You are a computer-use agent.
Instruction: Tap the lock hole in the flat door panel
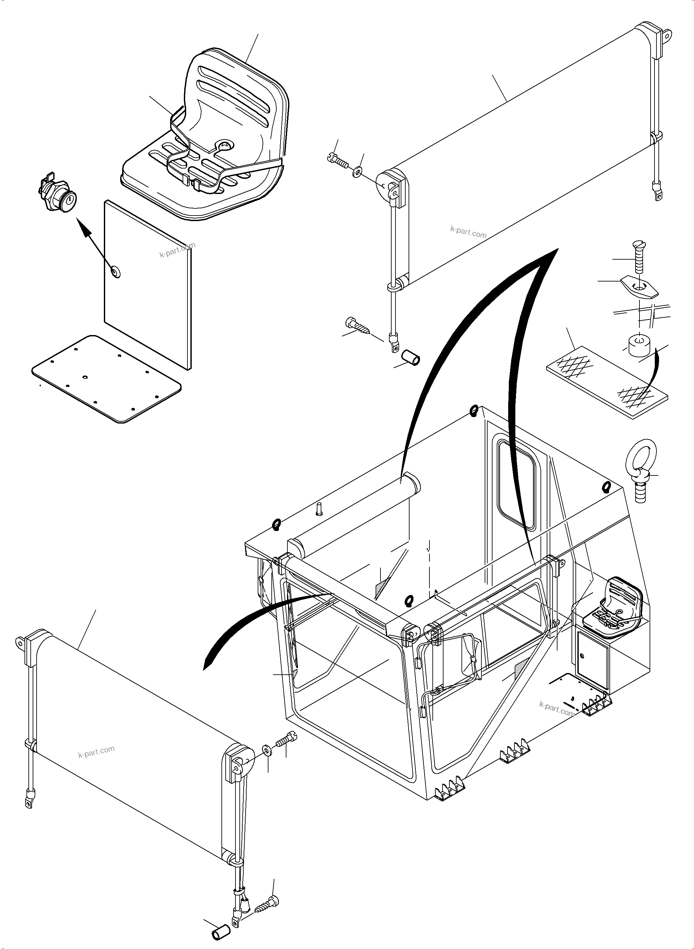(115, 271)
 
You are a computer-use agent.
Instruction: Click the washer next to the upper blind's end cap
(358, 171)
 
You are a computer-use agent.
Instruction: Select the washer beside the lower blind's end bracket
(267, 749)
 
